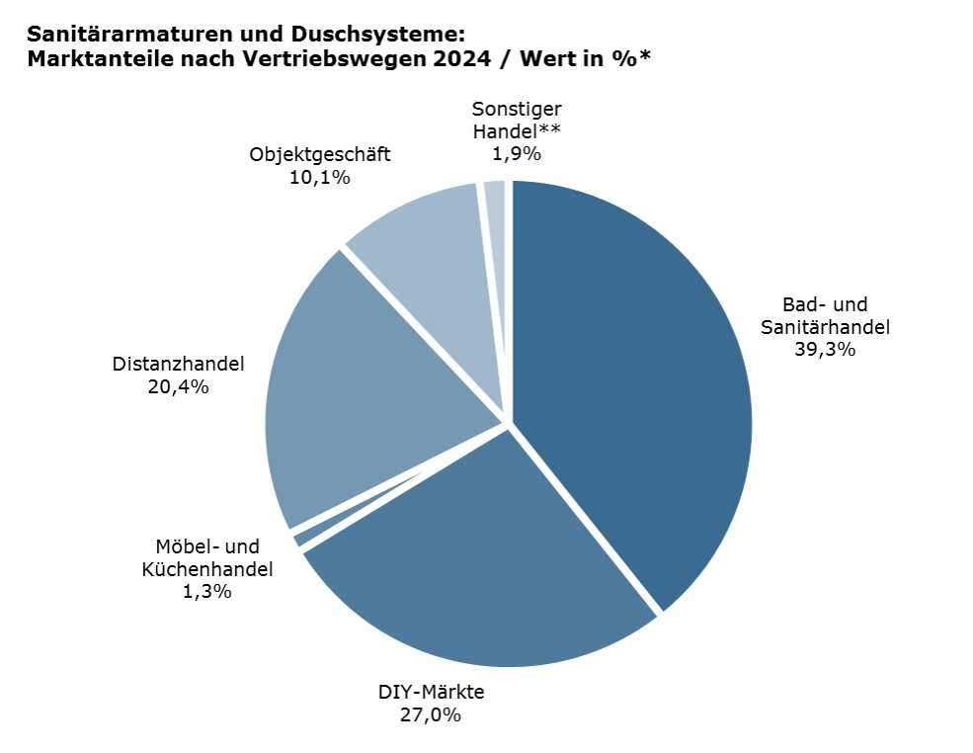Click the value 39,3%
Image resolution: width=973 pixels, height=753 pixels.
click(825, 349)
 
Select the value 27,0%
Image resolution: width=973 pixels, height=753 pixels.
click(432, 714)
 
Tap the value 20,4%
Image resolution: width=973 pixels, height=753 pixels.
click(178, 387)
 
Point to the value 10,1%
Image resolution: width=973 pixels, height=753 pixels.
click(320, 178)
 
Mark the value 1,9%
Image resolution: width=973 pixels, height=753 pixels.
click(516, 153)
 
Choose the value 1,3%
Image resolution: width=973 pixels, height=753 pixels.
click(206, 592)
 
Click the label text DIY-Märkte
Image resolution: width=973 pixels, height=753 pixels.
click(432, 691)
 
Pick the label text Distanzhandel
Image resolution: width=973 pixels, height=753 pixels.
click(178, 364)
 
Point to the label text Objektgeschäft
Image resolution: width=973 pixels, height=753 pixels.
click(320, 154)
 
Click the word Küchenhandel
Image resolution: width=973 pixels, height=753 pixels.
click(206, 569)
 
